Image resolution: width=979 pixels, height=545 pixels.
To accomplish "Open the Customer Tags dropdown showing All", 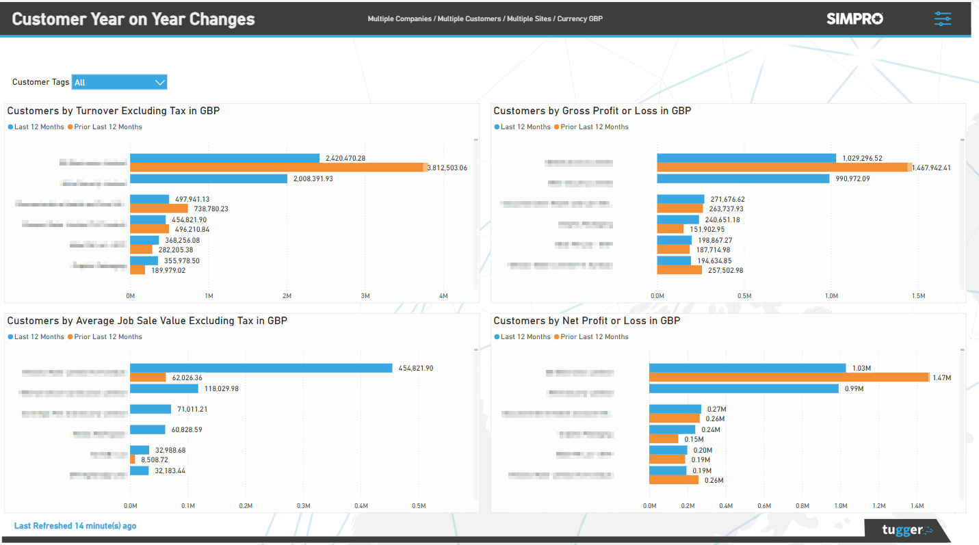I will click(119, 82).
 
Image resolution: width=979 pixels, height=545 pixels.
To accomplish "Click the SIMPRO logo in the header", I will click(854, 18).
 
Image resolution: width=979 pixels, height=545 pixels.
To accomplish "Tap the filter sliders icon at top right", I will click(942, 18).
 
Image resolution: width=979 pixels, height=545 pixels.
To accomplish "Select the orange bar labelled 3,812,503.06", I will click(277, 168).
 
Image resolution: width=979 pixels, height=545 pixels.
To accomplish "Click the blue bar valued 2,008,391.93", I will click(209, 178).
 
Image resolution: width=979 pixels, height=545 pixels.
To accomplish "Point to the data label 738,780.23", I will click(211, 209).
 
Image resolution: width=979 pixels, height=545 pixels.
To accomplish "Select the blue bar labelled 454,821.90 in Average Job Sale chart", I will click(261, 368).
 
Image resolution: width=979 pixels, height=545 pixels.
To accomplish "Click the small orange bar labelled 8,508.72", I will click(133, 460).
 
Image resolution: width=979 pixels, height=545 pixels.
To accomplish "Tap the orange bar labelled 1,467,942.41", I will click(783, 168).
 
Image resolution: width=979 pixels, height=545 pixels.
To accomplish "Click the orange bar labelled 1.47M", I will click(788, 377).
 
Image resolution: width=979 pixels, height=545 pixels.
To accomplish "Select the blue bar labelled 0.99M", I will click(744, 388).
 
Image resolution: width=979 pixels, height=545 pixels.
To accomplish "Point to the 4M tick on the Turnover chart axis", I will click(443, 296).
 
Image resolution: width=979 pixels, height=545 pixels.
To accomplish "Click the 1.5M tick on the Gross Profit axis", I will click(918, 296).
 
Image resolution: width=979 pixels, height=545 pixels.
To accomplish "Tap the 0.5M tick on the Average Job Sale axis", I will click(419, 506).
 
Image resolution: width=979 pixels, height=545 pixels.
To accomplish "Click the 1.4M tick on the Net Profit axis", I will click(917, 506).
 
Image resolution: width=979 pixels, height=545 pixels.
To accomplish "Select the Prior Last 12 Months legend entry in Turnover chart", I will click(107, 127).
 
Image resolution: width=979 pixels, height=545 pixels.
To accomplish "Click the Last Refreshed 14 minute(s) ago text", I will click(75, 526).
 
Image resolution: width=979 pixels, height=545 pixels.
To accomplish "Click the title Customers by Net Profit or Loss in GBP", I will click(586, 321).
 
